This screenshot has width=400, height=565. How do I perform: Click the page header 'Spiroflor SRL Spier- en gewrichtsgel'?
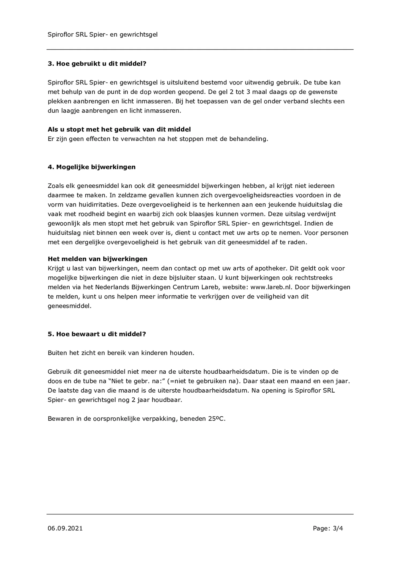pyautogui.click(x=103, y=34)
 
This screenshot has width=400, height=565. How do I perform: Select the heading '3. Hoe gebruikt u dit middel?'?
pyautogui.click(x=97, y=64)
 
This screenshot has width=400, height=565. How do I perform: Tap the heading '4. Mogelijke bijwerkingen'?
pyautogui.click(x=92, y=167)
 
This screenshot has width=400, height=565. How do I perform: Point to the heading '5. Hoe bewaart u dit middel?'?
pyautogui.click(x=97, y=334)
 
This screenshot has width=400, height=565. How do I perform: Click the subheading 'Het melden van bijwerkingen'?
pyautogui.click(x=97, y=259)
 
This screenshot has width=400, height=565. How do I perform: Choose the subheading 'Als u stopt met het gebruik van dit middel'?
pyautogui.click(x=119, y=130)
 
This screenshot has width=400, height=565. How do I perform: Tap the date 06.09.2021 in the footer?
pyautogui.click(x=65, y=528)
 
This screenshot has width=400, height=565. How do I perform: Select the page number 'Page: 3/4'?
pyautogui.click(x=328, y=528)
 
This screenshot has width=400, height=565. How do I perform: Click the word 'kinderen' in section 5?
pyautogui.click(x=154, y=353)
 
